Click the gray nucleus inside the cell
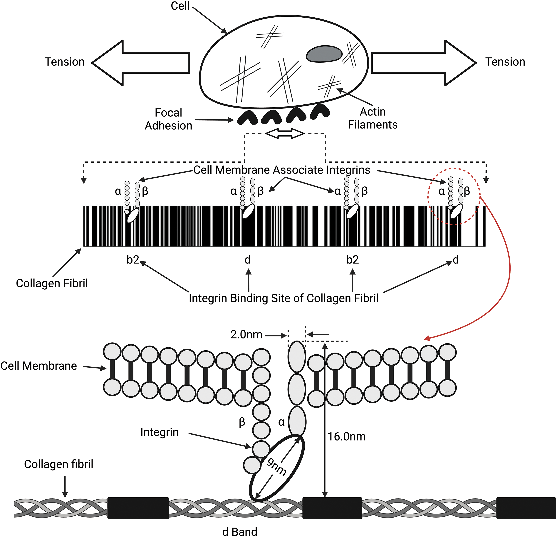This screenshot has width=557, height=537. tap(324, 54)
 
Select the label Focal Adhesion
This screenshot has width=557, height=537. tap(169, 119)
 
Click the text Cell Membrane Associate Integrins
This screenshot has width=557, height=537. tap(282, 170)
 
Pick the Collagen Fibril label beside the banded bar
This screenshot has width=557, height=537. tap(52, 283)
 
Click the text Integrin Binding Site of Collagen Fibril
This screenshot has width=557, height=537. tap(284, 298)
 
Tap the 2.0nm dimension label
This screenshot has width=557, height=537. tap(246, 335)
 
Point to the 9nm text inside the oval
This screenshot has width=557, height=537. tap(276, 467)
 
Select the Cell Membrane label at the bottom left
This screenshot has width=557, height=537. tap(39, 366)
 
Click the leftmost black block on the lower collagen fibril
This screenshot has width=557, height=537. tap(138, 508)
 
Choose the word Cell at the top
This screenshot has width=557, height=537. tap(180, 6)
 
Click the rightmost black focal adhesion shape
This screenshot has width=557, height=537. tap(320, 111)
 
